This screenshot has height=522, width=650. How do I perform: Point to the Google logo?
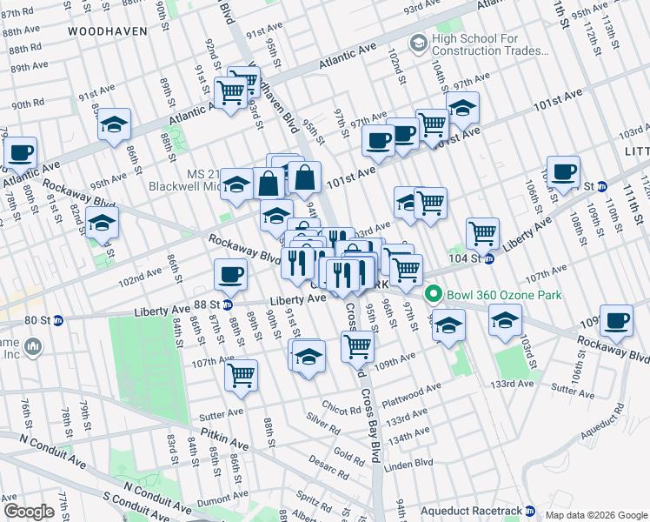click(29, 512)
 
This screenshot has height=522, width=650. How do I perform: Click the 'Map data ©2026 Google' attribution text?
click(595, 515)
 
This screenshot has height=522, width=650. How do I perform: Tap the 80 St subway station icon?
click(58, 319)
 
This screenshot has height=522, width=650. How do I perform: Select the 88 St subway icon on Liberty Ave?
click(226, 304)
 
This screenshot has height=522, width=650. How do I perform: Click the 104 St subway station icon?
click(489, 258)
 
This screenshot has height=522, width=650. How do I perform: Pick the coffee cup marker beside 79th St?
click(20, 154)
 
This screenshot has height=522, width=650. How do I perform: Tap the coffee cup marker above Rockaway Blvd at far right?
click(616, 320)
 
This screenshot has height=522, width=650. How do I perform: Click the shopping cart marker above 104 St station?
click(482, 233)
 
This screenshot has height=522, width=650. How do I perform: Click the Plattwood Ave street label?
click(407, 394)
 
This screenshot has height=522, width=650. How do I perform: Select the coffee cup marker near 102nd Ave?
click(230, 276)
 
